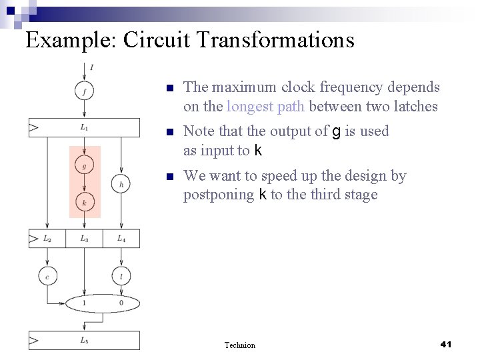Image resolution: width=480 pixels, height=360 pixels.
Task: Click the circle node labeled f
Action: (x=84, y=91)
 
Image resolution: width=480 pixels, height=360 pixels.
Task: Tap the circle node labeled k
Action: (x=84, y=201)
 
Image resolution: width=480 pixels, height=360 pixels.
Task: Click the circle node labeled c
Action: (x=47, y=275)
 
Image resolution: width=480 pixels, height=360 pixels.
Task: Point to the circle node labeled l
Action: (x=121, y=275)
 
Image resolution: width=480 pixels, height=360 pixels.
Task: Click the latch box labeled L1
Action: (x=84, y=127)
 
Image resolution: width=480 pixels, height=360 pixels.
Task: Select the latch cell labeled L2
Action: (x=47, y=238)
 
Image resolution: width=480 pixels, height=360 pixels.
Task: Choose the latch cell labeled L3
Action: (x=84, y=238)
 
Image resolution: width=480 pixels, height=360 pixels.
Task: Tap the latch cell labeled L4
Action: (x=121, y=238)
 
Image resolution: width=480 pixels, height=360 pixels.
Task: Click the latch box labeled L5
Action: (x=84, y=341)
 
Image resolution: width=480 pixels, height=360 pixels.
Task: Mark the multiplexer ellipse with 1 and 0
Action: (x=103, y=303)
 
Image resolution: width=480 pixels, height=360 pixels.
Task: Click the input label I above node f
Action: (x=91, y=67)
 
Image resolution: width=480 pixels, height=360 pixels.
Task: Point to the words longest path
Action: (x=265, y=107)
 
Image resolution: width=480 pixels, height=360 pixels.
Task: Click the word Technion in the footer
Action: (x=240, y=345)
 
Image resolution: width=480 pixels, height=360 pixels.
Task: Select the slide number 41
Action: (x=447, y=344)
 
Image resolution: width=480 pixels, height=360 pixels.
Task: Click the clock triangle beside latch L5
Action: (x=33, y=341)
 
